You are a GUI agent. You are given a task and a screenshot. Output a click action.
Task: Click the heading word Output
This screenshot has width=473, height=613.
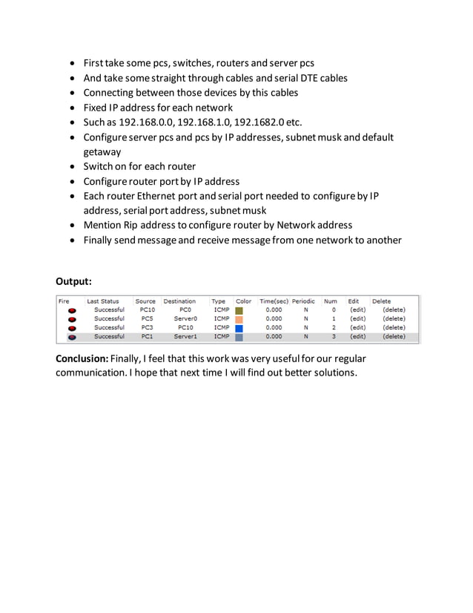pyautogui.click(x=73, y=281)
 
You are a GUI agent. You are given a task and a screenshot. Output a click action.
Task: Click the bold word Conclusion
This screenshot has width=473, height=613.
pyautogui.click(x=82, y=359)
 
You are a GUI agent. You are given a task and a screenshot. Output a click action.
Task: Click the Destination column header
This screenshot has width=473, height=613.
pyautogui.click(x=179, y=301)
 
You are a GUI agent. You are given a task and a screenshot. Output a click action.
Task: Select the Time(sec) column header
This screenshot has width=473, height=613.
pyautogui.click(x=274, y=301)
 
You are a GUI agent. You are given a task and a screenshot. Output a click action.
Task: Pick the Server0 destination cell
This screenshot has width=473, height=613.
pyautogui.click(x=185, y=318)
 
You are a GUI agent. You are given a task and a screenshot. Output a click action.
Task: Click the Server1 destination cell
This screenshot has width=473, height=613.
pyautogui.click(x=185, y=336)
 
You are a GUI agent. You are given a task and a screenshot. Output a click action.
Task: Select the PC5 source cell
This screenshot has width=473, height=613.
pyautogui.click(x=147, y=318)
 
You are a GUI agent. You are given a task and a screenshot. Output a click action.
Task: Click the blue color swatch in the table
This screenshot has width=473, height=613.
pyautogui.click(x=239, y=327)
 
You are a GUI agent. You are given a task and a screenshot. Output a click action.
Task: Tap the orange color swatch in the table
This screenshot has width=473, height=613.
pyautogui.click(x=239, y=318)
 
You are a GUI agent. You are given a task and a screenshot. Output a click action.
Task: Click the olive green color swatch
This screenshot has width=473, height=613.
pyautogui.click(x=239, y=309)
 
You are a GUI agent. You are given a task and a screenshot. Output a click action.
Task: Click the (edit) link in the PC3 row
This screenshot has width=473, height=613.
pyautogui.click(x=357, y=327)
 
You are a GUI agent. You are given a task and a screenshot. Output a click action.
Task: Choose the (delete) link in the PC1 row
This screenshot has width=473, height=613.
pyautogui.click(x=394, y=336)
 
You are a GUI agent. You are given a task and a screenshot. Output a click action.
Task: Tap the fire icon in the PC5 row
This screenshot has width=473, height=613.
pyautogui.click(x=72, y=319)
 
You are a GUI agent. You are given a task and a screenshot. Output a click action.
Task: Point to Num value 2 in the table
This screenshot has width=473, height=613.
pyautogui.click(x=334, y=327)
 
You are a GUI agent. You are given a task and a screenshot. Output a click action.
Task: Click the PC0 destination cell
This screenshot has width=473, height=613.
pyautogui.click(x=185, y=309)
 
